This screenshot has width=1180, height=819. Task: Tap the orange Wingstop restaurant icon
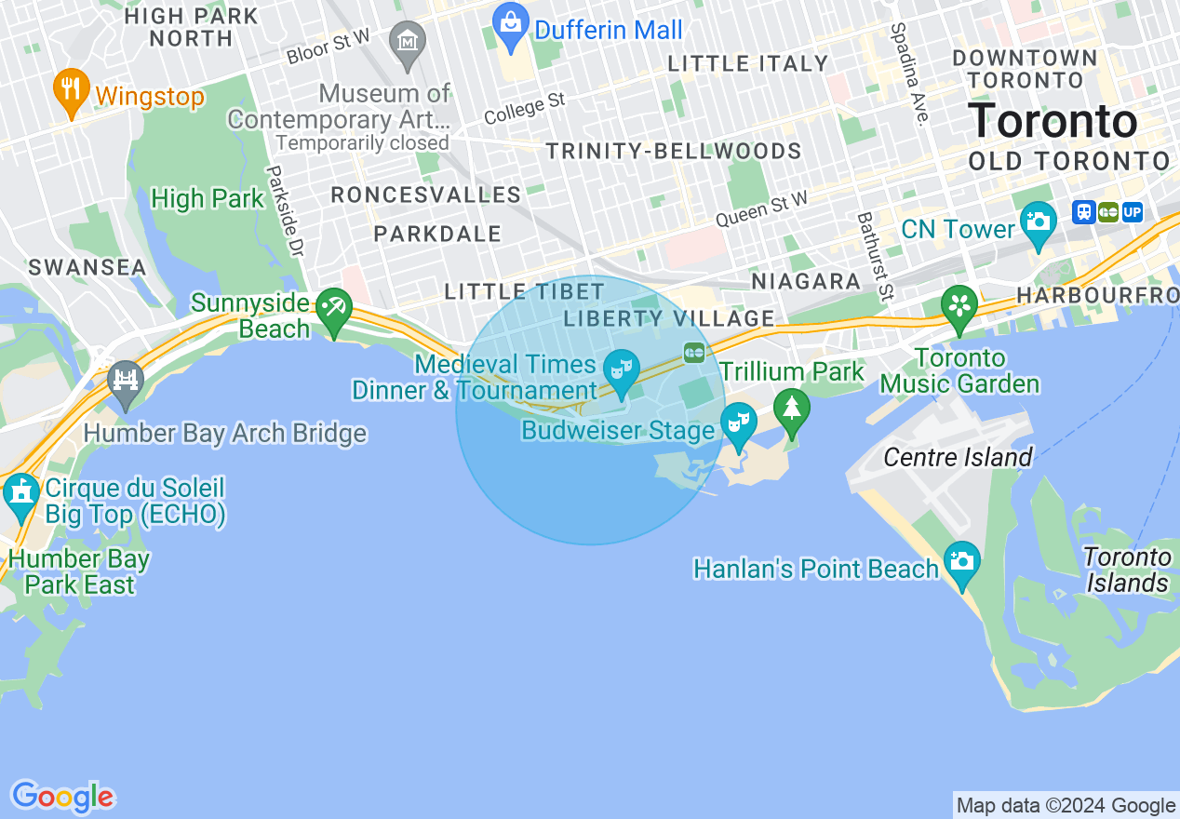72,91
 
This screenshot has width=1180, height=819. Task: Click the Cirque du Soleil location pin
20,494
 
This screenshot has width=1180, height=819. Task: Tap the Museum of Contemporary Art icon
408,43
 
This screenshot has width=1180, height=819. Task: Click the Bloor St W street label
329,47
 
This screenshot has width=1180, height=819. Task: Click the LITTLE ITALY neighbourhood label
748,64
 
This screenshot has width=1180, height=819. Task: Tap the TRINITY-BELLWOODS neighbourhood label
674,152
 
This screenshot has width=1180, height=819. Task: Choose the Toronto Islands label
1127,570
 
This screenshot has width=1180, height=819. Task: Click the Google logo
62,798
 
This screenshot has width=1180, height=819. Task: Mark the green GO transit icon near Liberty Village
694,353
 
